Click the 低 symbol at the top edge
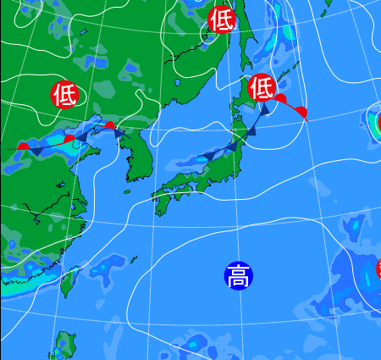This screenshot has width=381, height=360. coord(222,18)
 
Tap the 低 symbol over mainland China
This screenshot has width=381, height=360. coord(64,94)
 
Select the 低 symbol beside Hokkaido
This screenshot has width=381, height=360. coord(262,86)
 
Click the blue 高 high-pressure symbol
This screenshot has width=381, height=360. coord(238,275)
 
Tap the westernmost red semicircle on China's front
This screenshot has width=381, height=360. coord(24,147)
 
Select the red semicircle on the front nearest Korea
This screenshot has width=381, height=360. coord(110,125)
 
